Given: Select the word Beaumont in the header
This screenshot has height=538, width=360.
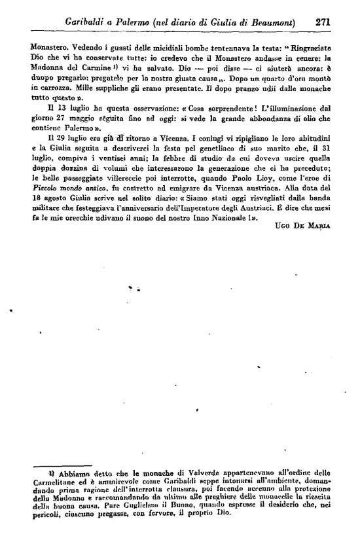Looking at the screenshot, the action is [x=269, y=21].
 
